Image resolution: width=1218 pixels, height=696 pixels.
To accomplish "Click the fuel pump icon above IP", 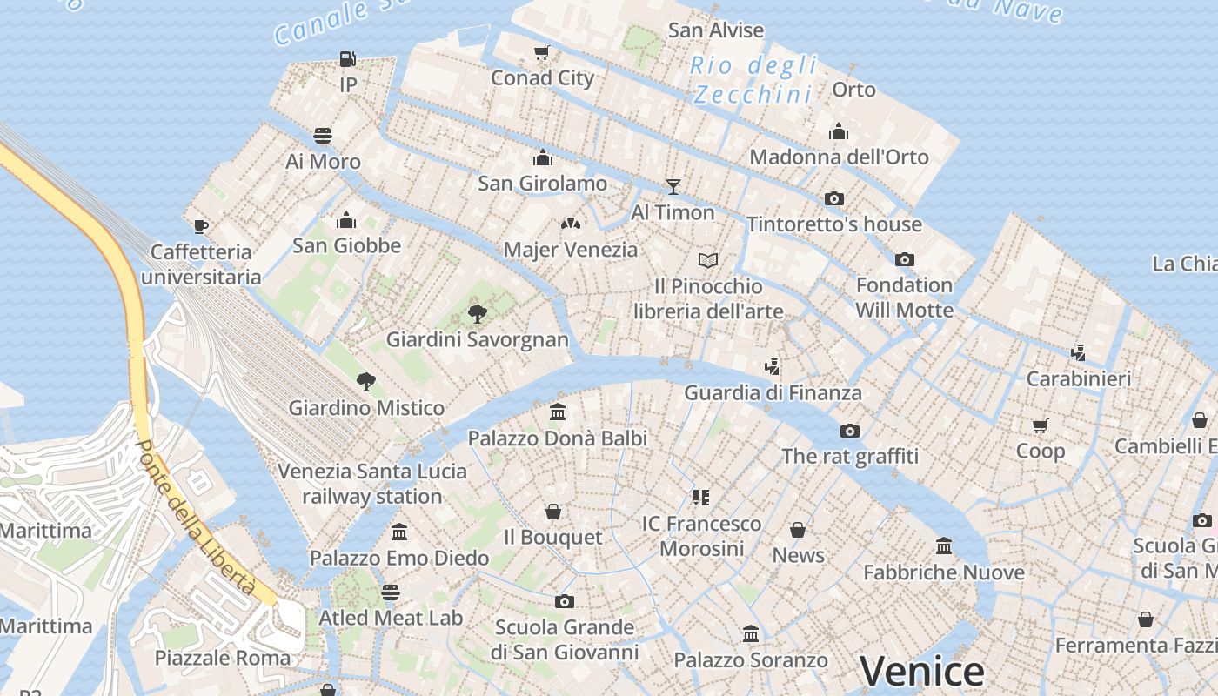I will click(347, 59).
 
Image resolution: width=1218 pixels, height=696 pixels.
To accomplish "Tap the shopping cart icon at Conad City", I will click(542, 53).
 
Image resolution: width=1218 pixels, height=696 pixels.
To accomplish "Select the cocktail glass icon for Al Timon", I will click(673, 186).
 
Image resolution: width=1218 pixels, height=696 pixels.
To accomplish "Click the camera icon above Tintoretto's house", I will click(833, 198).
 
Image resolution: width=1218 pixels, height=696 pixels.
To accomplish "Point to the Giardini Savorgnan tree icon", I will click(477, 314).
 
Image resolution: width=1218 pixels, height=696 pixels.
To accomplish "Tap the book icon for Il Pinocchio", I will click(708, 260).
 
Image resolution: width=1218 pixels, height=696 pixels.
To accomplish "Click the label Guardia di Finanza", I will click(773, 392).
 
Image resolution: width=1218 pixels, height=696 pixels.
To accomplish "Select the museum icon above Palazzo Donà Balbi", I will click(558, 412).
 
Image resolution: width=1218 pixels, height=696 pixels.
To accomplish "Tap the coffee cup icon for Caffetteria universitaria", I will click(201, 226).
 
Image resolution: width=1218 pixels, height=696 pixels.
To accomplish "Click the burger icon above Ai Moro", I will click(323, 136).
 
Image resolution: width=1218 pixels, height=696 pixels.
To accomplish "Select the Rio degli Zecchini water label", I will click(753, 79).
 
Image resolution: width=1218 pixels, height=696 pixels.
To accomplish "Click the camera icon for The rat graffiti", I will click(849, 431).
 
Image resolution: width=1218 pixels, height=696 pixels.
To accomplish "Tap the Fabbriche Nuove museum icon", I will click(944, 546).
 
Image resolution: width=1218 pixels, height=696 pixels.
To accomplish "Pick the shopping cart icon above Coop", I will click(1041, 425).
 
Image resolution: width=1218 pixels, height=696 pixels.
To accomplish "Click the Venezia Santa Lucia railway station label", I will click(372, 484).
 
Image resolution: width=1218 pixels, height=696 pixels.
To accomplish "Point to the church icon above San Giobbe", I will click(346, 219).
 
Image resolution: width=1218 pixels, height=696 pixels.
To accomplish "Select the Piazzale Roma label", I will click(223, 657).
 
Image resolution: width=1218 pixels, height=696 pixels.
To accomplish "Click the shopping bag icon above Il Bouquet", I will click(552, 512).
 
